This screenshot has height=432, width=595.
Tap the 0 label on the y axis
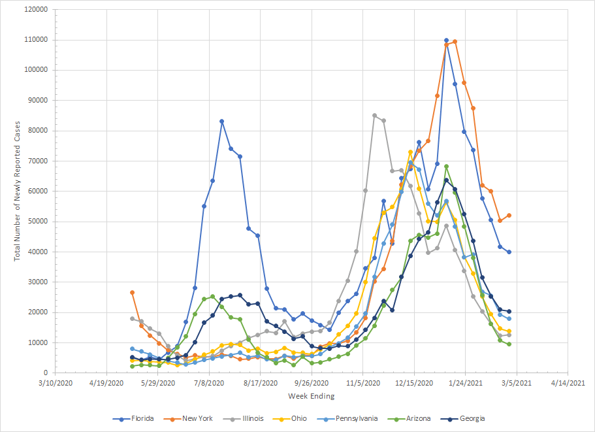45,373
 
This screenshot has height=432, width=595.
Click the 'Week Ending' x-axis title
312,396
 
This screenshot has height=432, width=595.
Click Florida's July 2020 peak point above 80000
222,121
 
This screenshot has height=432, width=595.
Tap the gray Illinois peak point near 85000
374,116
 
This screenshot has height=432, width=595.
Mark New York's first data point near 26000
132,292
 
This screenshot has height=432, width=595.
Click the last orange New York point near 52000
509,215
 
